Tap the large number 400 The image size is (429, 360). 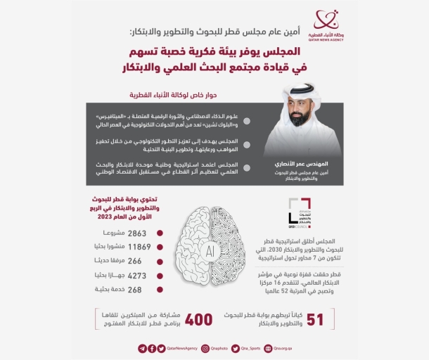coord(198,319)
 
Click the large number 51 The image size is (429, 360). coord(315,319)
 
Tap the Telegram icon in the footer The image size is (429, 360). coord(143,348)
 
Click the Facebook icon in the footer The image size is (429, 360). coord(153,348)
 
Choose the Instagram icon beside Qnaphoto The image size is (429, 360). coord(205,348)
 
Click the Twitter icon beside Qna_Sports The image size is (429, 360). coord(235,348)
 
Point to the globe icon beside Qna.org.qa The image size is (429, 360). coord(267,348)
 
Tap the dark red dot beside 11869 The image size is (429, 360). coord(160,247)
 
